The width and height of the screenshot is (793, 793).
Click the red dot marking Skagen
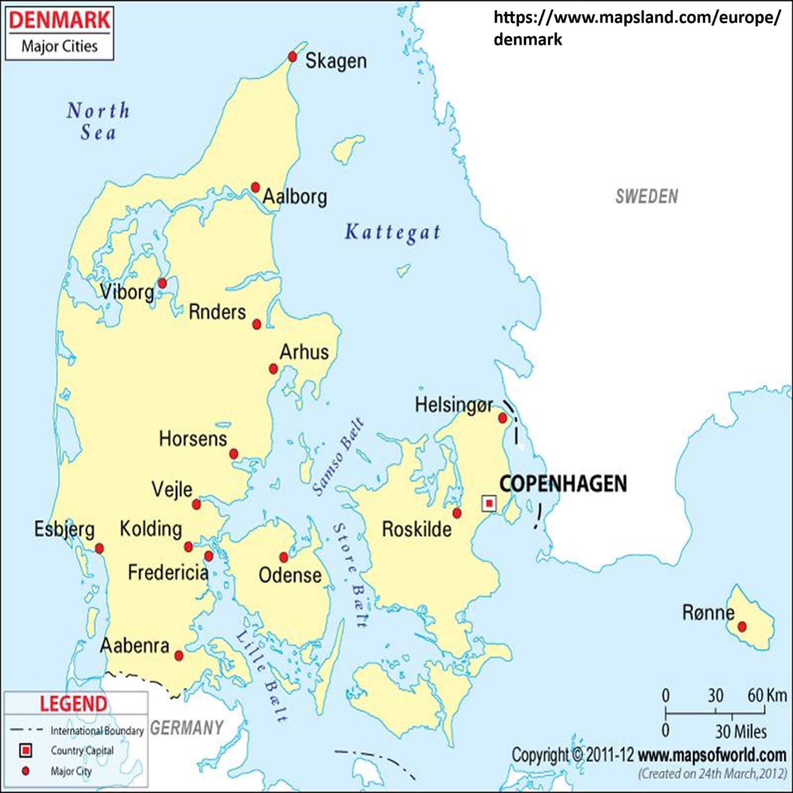[x=292, y=57]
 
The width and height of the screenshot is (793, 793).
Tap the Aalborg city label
[x=295, y=197]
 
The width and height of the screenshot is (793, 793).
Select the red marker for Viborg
[x=162, y=283]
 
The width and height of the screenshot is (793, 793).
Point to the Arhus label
[x=304, y=352]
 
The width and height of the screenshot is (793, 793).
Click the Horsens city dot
[x=234, y=454]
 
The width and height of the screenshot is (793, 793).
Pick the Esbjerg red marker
[x=100, y=548]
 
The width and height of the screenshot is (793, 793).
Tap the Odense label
[x=290, y=575]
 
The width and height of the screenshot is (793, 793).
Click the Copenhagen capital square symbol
[x=489, y=504]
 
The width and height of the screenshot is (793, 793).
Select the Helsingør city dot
[x=503, y=418]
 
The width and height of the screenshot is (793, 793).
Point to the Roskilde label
[x=416, y=529]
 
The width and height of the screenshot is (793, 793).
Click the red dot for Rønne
[x=742, y=626]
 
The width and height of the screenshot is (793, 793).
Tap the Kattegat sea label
[x=393, y=232]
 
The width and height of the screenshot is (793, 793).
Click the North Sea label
[x=98, y=121]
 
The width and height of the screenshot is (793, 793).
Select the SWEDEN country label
[x=646, y=197]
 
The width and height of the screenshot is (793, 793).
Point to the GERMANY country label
[x=187, y=728]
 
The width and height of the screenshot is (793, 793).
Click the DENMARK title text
[x=59, y=20]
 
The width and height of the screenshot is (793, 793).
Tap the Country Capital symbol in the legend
[x=25, y=750]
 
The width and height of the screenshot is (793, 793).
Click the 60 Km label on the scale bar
[x=767, y=695]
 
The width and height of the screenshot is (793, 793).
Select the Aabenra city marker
[x=179, y=656]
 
